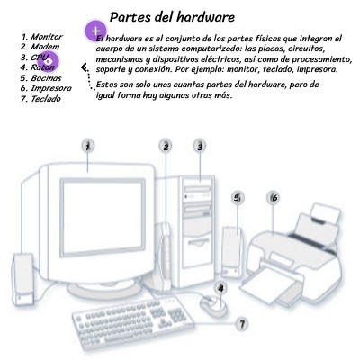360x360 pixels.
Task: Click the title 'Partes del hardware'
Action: tap(172, 17)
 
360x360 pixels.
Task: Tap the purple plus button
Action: tap(95, 31)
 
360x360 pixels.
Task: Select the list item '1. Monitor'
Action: tap(41, 37)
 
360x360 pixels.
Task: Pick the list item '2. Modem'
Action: tap(40, 47)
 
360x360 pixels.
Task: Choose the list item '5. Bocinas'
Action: tap(40, 78)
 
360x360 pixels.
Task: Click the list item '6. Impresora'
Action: tap(46, 88)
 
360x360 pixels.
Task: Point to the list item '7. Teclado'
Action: tap(40, 99)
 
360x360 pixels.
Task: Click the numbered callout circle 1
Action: tap(88, 147)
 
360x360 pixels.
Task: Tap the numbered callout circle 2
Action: tap(166, 147)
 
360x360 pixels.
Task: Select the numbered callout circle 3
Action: tap(200, 147)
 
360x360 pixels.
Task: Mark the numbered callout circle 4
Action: tap(221, 288)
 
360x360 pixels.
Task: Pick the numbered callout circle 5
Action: tap(238, 198)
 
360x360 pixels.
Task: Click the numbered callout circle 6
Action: tap(274, 198)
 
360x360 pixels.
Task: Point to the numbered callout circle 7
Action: tap(242, 324)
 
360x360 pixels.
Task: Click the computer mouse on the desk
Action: tap(213, 304)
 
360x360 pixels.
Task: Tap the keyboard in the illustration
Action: tap(132, 324)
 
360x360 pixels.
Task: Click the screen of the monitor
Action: tap(103, 218)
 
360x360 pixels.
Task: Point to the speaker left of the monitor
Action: tap(22, 279)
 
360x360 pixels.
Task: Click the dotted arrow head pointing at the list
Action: tap(85, 68)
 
